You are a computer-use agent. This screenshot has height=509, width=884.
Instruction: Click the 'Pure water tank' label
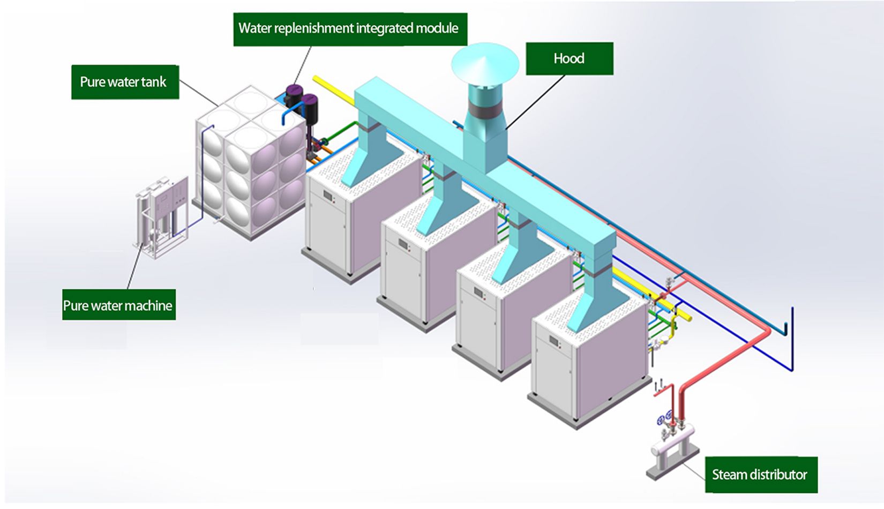coord(125,82)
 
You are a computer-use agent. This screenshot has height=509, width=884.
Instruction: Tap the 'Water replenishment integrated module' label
coord(349,28)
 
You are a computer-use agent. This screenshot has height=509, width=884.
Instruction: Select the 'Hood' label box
coord(569,58)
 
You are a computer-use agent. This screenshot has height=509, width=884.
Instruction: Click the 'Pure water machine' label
coord(118,305)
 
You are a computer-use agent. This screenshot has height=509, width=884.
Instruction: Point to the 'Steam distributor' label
coord(760,475)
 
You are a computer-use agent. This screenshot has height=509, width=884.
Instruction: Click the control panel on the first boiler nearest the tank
coord(328,196)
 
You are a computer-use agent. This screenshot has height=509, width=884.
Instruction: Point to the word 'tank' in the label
coord(154,82)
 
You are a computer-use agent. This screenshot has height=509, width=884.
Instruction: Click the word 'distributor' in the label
coord(781,475)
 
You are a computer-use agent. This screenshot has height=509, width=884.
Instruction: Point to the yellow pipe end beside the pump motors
coord(317,80)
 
